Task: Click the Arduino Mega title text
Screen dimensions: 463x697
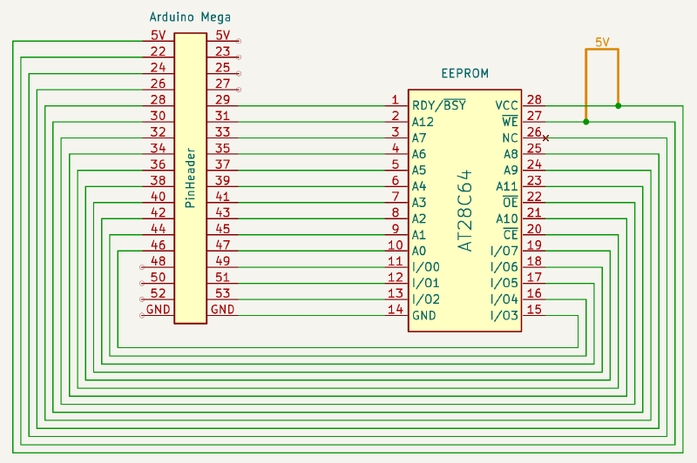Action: click(190, 17)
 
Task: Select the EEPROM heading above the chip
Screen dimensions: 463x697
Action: click(464, 74)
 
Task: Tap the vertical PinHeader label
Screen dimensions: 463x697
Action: click(190, 178)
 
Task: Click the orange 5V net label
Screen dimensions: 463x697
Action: click(602, 42)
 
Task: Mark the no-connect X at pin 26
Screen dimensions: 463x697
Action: click(546, 138)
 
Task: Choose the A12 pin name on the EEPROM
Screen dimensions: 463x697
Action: click(423, 122)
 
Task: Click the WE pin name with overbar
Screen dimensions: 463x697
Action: click(511, 122)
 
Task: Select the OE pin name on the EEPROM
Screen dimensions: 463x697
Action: click(511, 203)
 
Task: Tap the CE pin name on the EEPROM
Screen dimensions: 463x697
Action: click(511, 235)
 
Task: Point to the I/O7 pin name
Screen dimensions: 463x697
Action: click(504, 252)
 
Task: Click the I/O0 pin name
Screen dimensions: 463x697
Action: click(426, 267)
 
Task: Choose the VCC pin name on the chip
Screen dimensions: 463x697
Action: click(507, 105)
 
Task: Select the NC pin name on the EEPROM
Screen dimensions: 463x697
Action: click(511, 138)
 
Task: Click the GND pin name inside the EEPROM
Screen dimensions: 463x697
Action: click(423, 316)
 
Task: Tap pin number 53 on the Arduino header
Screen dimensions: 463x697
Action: click(222, 292)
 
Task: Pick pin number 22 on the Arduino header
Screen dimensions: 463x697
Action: click(158, 51)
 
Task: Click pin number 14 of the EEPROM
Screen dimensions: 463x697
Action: click(395, 309)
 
